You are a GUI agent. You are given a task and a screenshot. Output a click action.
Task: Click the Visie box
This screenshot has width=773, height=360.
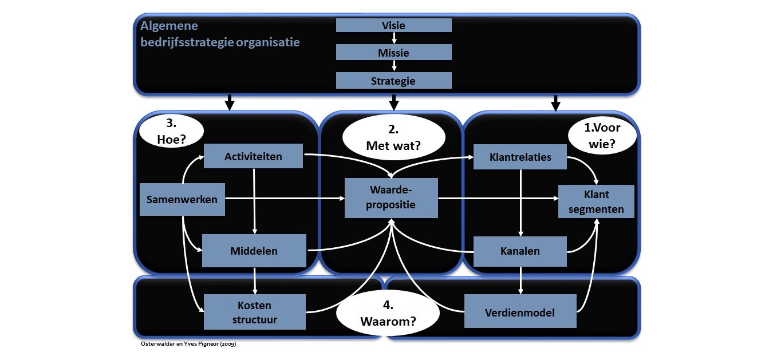click(393, 25)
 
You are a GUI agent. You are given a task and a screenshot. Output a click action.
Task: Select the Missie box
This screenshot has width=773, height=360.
click(393, 53)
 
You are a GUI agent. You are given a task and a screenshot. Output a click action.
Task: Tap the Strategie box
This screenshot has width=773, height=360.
click(393, 81)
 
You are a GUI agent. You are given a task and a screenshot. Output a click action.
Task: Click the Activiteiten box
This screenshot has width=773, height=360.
click(253, 156)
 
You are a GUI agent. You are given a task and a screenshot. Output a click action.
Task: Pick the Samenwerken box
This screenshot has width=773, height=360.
click(182, 199)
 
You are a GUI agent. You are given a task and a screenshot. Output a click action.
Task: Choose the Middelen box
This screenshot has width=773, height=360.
click(254, 251)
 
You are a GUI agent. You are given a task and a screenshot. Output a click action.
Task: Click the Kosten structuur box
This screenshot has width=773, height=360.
click(255, 312)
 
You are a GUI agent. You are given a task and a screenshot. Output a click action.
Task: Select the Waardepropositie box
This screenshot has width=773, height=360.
click(391, 198)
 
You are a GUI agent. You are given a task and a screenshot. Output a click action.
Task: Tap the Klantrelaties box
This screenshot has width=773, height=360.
click(520, 157)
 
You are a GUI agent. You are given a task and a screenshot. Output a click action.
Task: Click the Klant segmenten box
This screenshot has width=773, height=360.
click(596, 201)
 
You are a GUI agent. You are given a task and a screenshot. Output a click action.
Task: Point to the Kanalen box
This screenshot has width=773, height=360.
click(520, 251)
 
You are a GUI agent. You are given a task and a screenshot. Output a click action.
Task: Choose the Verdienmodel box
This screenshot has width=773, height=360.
click(520, 312)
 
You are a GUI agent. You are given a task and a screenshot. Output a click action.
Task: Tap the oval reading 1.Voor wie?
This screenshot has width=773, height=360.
click(602, 137)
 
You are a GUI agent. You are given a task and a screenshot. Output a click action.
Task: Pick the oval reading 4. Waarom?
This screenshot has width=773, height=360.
click(388, 314)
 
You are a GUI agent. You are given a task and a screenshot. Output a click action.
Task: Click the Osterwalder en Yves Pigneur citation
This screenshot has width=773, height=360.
click(188, 344)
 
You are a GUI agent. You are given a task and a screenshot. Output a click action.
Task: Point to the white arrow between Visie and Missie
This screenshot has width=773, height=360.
click(393, 38)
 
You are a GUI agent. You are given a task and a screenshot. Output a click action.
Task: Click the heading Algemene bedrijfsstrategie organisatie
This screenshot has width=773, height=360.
click(220, 34)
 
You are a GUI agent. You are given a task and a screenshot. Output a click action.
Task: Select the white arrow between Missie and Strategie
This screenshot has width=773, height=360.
click(393, 66)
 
